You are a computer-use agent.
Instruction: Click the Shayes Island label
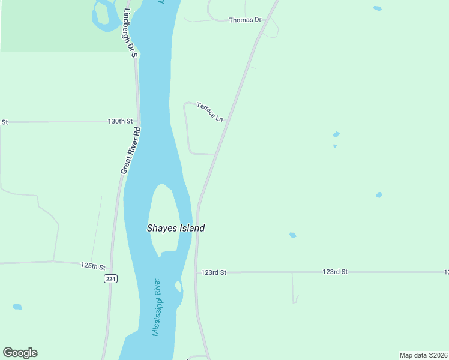click(x=176, y=228)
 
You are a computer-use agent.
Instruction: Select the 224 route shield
click(x=110, y=278)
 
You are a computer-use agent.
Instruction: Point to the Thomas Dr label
click(x=246, y=20)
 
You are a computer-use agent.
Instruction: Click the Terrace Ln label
click(x=210, y=112)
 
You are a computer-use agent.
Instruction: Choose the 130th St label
click(x=119, y=121)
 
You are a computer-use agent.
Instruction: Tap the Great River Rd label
click(x=130, y=151)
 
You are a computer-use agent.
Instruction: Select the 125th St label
click(x=93, y=265)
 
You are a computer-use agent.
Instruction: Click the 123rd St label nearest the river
click(x=214, y=272)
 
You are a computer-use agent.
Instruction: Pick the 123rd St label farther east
click(x=335, y=272)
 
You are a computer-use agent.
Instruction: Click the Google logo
click(x=20, y=353)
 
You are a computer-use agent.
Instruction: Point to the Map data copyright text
click(x=423, y=355)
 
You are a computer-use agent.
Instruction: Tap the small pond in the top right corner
click(x=377, y=8)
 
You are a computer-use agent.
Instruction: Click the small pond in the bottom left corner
click(x=17, y=307)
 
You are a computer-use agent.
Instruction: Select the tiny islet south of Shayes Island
click(x=178, y=286)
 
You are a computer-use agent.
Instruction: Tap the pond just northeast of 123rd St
click(x=292, y=235)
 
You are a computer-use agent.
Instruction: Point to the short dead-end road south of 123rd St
click(x=293, y=288)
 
